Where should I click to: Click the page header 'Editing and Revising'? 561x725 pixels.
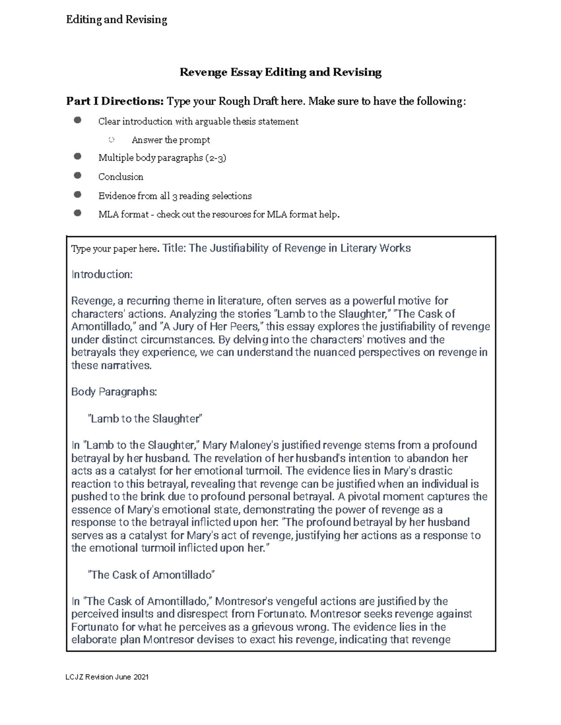pyautogui.click(x=116, y=20)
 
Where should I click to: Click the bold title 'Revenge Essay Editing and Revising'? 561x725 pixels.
pyautogui.click(x=280, y=72)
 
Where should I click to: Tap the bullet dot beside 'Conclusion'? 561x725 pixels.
pyautogui.click(x=78, y=176)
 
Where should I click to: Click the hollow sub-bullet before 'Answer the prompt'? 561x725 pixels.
pyautogui.click(x=111, y=140)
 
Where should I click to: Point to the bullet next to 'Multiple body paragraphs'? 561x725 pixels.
pyautogui.click(x=78, y=157)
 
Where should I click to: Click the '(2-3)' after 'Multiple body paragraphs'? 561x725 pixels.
pyautogui.click(x=216, y=158)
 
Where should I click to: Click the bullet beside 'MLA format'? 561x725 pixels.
pyautogui.click(x=78, y=213)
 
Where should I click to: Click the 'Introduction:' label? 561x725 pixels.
pyautogui.click(x=102, y=275)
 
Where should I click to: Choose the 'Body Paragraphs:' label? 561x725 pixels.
pyautogui.click(x=114, y=392)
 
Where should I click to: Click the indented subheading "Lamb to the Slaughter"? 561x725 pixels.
pyautogui.click(x=145, y=419)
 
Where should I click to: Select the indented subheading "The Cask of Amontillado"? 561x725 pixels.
pyautogui.click(x=151, y=575)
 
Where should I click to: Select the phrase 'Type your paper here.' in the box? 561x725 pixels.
pyautogui.click(x=115, y=249)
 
